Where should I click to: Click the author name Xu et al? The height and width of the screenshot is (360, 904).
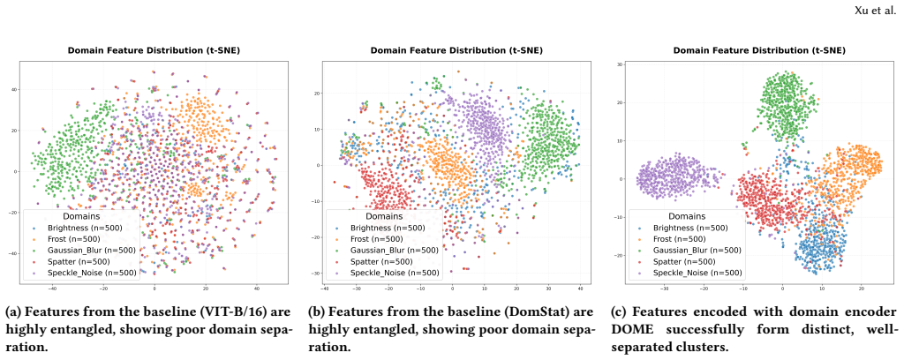pos(880,11)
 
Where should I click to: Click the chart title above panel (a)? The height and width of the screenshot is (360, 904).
pos(154,50)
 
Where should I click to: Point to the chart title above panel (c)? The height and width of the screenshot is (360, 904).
pos(759,50)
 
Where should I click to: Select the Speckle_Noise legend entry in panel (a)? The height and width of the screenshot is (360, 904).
pos(82,273)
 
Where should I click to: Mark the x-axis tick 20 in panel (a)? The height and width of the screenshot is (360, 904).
pos(206,289)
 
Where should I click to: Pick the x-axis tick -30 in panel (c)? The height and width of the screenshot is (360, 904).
pos(664,289)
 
